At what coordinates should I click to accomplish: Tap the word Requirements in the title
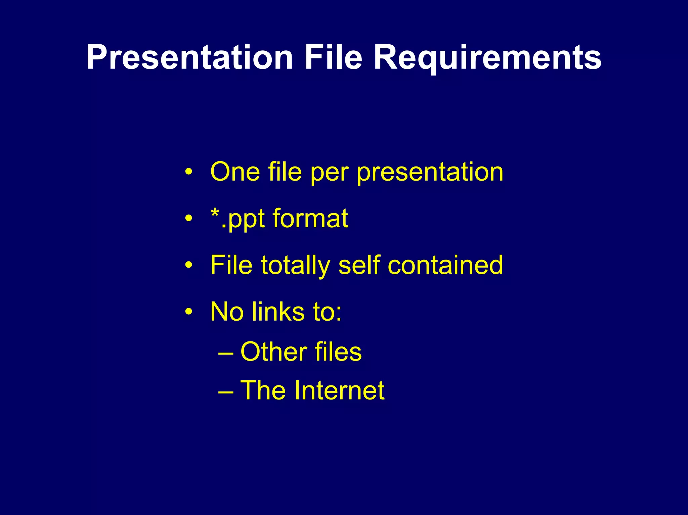coord(487,58)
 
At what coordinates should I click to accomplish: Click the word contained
coord(445,265)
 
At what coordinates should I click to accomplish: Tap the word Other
coord(273,352)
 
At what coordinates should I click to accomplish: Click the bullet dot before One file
coord(189,172)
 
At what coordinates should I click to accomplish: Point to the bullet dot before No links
coord(189,312)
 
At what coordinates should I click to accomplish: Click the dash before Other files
coord(225,354)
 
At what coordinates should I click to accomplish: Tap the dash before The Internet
coord(225,392)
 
